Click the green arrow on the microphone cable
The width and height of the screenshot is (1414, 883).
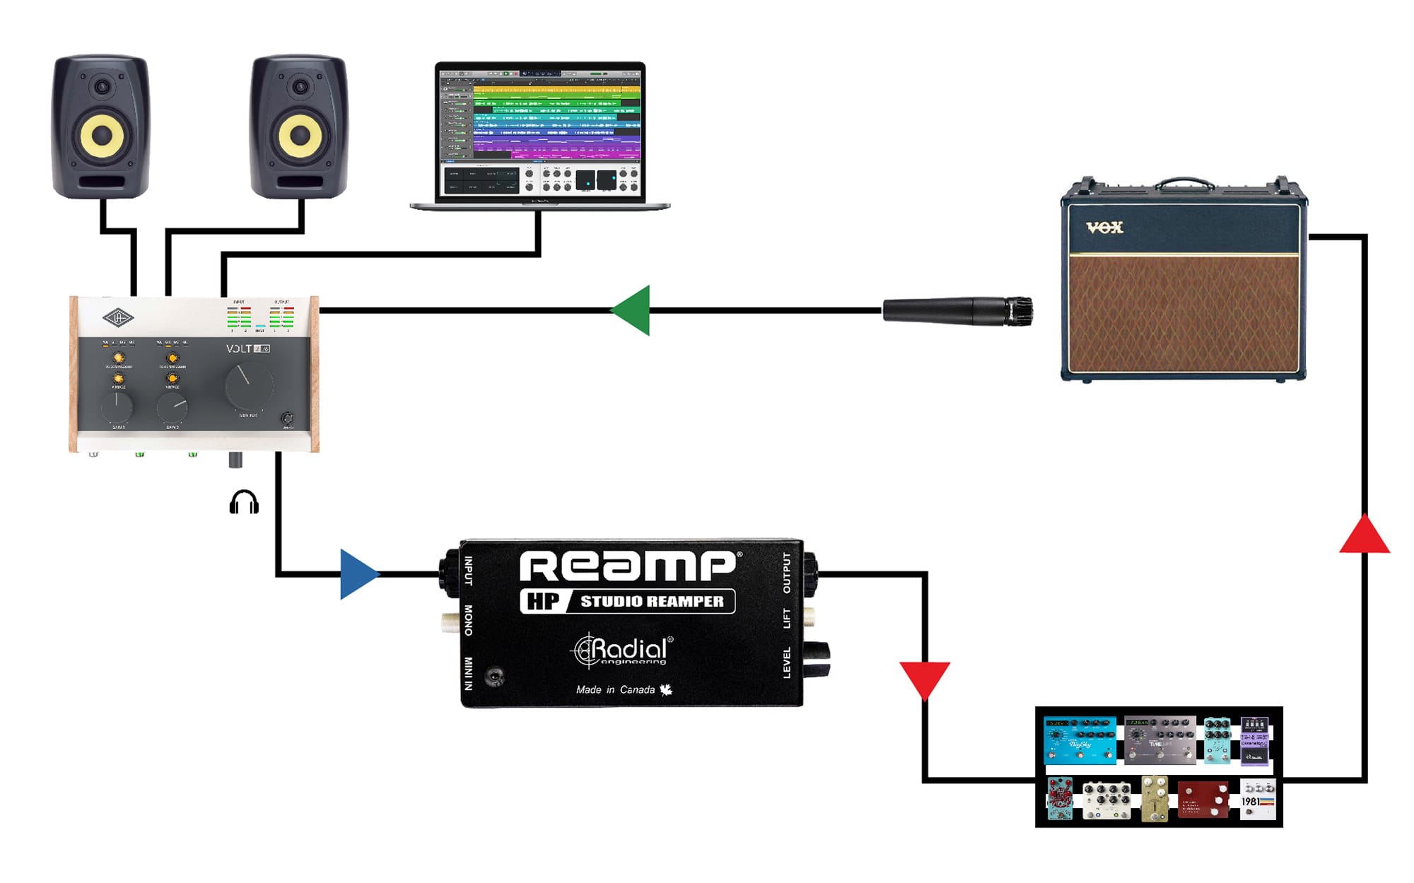631,310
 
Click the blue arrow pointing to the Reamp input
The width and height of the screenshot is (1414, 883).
358,574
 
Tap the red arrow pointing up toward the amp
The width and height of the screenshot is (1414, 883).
1365,536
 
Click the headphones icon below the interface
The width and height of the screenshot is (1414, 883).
244,502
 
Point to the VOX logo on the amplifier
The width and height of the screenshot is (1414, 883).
1104,228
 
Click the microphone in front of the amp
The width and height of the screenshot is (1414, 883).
957,311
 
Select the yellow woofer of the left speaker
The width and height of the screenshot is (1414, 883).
102,134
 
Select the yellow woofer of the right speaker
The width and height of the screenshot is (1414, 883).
300,134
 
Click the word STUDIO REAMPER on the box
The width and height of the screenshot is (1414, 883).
652,602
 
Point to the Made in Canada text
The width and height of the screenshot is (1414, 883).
616,690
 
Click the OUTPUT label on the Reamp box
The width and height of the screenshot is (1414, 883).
787,573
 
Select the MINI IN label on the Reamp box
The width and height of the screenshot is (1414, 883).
468,673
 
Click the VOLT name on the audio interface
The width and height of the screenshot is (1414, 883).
239,349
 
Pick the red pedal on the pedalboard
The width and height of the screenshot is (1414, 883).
1203,800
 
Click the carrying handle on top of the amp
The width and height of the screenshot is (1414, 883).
1184,183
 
